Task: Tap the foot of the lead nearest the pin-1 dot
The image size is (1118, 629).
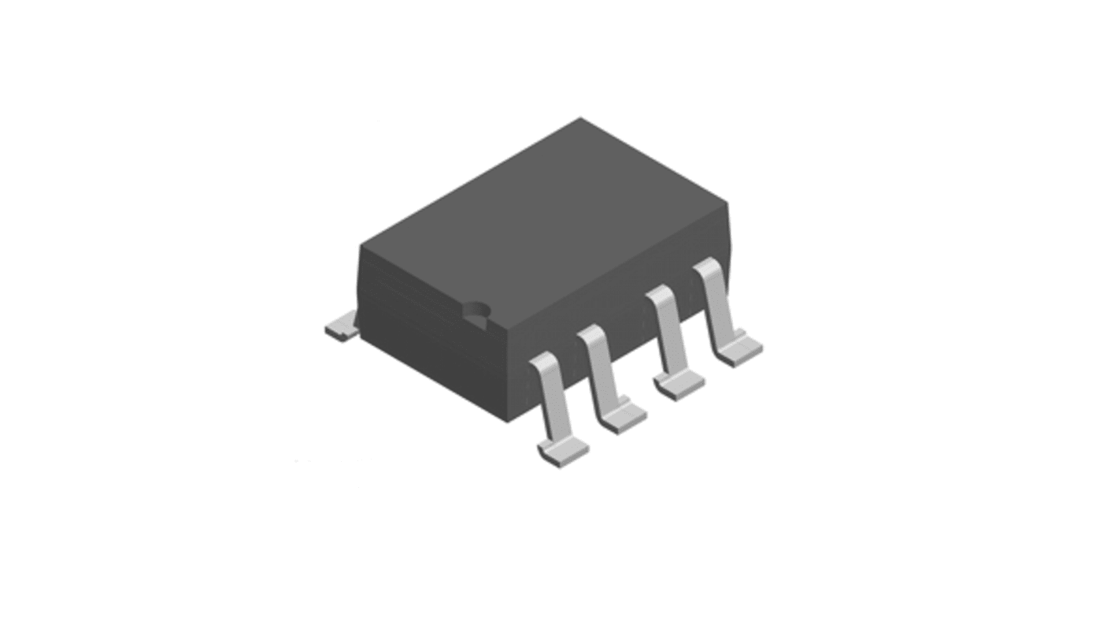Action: pyautogui.click(x=564, y=452)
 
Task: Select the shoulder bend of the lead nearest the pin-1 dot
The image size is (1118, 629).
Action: pyautogui.click(x=542, y=363)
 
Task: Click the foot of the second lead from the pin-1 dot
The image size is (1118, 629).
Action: pyautogui.click(x=622, y=418)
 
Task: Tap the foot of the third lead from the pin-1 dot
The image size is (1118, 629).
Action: pyautogui.click(x=680, y=385)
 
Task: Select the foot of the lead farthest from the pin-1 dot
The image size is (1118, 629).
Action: pyautogui.click(x=739, y=352)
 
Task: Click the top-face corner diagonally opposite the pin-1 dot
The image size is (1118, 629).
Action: pyautogui.click(x=581, y=119)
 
